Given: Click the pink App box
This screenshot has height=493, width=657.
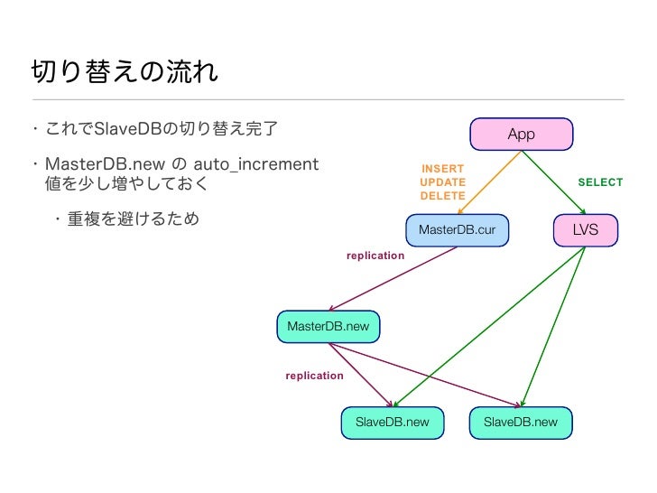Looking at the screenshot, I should coord(521,135).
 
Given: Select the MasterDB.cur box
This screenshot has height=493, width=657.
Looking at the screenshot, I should coord(457,230).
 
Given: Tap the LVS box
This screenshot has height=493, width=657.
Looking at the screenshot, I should coord(585,230).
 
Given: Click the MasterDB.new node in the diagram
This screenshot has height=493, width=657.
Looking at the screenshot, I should coord(328,326).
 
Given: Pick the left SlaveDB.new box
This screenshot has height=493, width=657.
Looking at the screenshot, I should coord(392,422).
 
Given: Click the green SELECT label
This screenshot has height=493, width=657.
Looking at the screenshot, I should coord(600,182).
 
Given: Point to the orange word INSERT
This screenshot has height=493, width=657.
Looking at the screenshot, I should coord(442,169).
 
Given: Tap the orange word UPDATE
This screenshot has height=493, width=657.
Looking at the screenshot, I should coord(442,182).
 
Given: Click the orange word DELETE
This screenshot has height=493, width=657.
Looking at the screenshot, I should coord(442,196).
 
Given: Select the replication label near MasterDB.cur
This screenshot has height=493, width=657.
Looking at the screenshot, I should coord(375,256).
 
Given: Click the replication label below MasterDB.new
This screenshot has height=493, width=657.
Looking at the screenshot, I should coord(314,376).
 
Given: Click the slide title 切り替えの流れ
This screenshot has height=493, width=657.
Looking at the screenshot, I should coord(125,72).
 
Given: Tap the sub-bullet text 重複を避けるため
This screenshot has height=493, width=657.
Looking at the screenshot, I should coord(134,219).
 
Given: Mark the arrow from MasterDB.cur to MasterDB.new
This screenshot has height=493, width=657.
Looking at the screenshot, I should coord(397,278).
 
